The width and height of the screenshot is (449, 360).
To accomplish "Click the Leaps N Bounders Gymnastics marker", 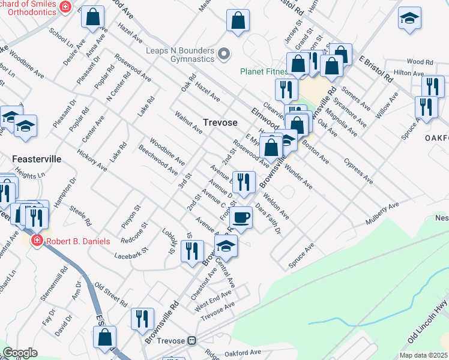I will [224, 55].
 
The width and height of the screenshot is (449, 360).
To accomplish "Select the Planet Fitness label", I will [264, 71].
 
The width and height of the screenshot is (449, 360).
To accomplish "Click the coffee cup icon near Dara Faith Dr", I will [241, 217].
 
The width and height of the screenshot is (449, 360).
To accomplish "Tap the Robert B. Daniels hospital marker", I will [37, 241].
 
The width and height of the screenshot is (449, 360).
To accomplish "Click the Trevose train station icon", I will [192, 340].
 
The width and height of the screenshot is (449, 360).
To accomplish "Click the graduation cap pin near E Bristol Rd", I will [410, 19].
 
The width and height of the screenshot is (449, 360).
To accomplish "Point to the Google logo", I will [20, 353].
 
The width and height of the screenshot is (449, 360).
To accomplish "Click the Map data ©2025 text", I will [423, 355].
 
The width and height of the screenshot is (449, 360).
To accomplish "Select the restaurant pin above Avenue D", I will [244, 183].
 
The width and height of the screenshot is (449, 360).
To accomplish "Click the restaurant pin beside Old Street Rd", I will [142, 319].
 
